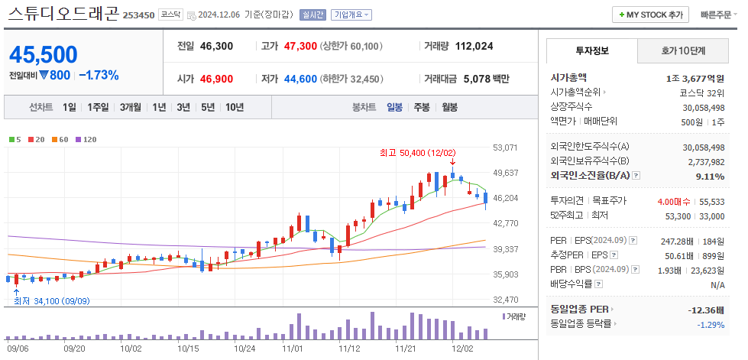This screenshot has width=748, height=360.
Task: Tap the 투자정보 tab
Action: [592, 50]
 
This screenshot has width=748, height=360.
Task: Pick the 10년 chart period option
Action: [234, 107]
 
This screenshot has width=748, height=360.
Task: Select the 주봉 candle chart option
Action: [421, 107]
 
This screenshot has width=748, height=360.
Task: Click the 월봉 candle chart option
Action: [448, 107]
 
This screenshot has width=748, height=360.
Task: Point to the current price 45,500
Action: [44, 55]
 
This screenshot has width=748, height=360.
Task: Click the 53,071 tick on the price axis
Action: [507, 148]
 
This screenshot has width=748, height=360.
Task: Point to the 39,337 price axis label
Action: [507, 249]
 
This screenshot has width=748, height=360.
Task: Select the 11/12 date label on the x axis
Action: [348, 348]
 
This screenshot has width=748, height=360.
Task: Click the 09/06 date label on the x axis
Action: [18, 348]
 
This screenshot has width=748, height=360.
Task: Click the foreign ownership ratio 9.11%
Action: [710, 177]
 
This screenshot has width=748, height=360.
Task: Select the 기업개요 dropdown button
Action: [352, 15]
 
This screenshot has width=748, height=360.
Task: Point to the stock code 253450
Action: [139, 15]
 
